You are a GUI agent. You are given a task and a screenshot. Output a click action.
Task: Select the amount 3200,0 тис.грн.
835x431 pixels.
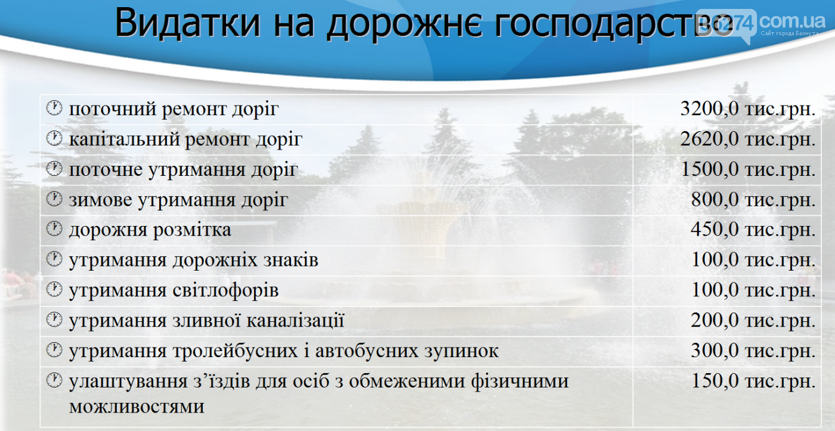(748, 108)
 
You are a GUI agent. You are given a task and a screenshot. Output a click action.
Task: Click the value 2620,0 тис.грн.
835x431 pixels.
(748, 139)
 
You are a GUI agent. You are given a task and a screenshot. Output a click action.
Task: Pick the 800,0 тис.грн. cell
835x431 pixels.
(753, 200)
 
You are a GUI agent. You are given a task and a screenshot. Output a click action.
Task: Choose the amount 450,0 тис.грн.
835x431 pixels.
(753, 230)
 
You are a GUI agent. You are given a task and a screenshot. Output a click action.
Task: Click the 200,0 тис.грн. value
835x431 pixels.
(753, 320)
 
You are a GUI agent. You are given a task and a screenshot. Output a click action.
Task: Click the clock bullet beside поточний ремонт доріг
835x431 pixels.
(54, 108)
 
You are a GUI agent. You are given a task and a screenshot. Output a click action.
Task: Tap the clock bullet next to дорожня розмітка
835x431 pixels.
(54, 229)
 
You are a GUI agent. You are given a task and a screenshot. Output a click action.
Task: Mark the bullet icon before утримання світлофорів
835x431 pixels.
(54, 290)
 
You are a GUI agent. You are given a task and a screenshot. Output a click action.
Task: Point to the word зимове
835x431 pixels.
(101, 200)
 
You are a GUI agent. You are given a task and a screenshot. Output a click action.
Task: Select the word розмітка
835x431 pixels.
(192, 230)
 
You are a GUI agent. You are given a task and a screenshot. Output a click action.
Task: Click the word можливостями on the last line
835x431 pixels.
(137, 407)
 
